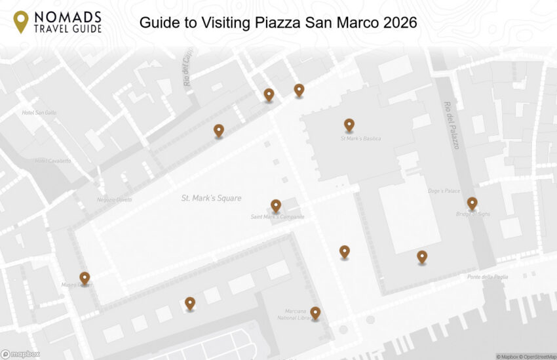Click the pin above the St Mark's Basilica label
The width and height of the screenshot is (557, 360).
pyautogui.click(x=349, y=125)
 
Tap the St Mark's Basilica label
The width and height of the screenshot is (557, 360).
pyautogui.click(x=360, y=139)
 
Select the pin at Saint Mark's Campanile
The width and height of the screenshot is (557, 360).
pyautogui.click(x=276, y=205)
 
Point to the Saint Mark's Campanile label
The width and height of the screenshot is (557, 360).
pyautogui.click(x=277, y=217)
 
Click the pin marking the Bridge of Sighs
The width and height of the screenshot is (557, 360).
pyautogui.click(x=472, y=203)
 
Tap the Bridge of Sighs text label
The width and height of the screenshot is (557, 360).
pyautogui.click(x=472, y=214)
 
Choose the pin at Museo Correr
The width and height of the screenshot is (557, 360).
pyautogui.click(x=85, y=278)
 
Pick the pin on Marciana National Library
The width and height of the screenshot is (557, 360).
pyautogui.click(x=315, y=312)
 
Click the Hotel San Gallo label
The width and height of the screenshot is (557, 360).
pyautogui.click(x=39, y=113)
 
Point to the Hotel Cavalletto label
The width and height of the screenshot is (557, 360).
pyautogui.click(x=53, y=161)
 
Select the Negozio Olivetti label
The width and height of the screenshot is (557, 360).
pyautogui.click(x=115, y=200)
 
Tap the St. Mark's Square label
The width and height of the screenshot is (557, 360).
pyautogui.click(x=211, y=198)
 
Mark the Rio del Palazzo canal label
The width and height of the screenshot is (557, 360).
pyautogui.click(x=451, y=125)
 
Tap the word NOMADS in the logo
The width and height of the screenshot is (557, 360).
pyautogui.click(x=68, y=16)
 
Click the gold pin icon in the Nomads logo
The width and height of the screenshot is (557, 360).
pyautogui.click(x=21, y=22)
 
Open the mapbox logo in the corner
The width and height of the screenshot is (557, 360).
pyautogui.click(x=20, y=354)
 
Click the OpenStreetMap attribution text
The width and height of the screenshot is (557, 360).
pyautogui.click(x=538, y=357)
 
